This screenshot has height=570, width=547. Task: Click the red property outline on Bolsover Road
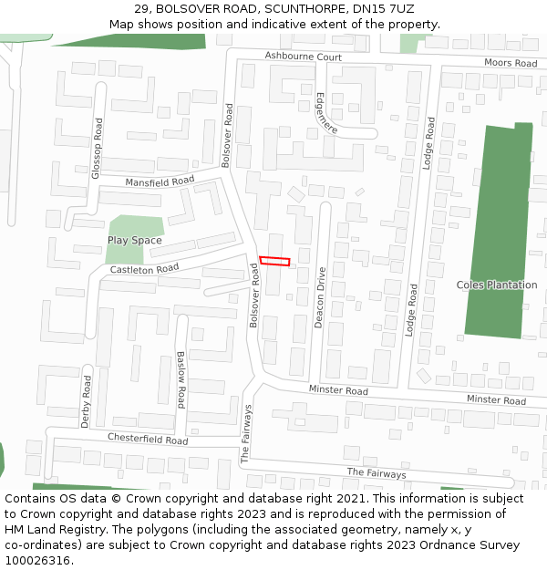[274, 261]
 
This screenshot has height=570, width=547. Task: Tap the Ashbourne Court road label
[303, 57]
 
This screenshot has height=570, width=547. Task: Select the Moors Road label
[511, 63]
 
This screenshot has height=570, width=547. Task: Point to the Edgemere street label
[326, 113]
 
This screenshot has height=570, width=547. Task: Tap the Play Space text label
[135, 241]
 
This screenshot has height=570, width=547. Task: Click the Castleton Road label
[144, 269]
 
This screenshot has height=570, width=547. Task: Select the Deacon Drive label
[320, 297]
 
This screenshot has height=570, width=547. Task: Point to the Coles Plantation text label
[497, 285]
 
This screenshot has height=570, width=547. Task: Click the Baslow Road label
[181, 378]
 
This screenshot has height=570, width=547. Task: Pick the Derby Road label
[87, 400]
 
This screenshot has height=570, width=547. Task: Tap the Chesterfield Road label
[148, 439]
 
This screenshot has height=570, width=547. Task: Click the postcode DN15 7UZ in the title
[387, 8]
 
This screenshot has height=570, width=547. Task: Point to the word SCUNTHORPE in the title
[304, 8]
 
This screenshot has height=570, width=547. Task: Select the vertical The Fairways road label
[246, 434]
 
